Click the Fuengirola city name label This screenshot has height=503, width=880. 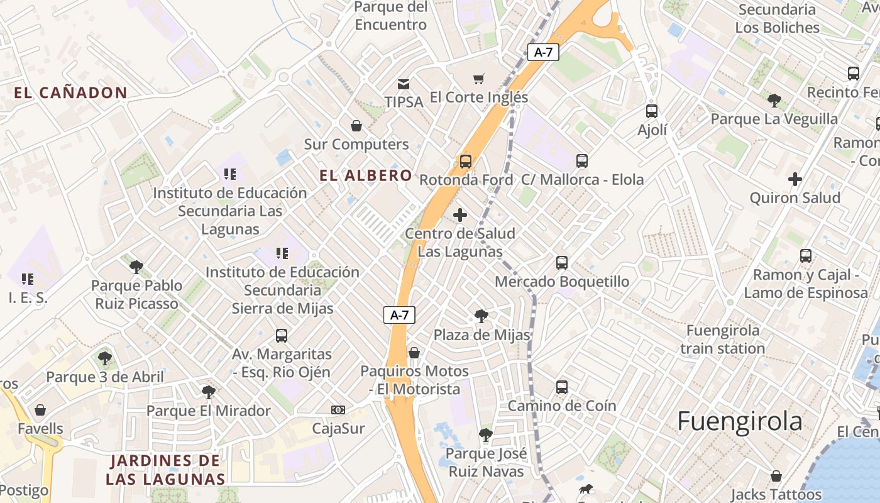pyautogui.click(x=739, y=421)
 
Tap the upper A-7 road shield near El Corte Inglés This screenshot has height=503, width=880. pyautogui.click(x=543, y=52)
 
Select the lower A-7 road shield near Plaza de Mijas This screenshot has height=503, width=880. pyautogui.click(x=400, y=315)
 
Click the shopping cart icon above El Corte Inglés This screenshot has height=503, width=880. pyautogui.click(x=479, y=79)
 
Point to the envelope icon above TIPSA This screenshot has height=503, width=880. pyautogui.click(x=404, y=84)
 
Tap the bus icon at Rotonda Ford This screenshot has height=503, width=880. pyautogui.click(x=465, y=162)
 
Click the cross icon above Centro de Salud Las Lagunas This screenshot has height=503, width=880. pyautogui.click(x=460, y=216)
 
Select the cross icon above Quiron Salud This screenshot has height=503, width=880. pyautogui.click(x=795, y=180)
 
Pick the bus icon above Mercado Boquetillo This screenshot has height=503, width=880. pyautogui.click(x=562, y=263)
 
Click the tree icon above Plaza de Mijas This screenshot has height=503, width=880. pyautogui.click(x=481, y=316)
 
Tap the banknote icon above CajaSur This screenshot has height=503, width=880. pyautogui.click(x=338, y=411)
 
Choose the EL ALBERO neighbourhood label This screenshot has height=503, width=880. pyautogui.click(x=366, y=175)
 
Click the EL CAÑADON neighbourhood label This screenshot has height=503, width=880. pyautogui.click(x=71, y=93)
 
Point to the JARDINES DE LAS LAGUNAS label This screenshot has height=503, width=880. pyautogui.click(x=165, y=470)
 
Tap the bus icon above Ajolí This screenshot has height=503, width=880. pyautogui.click(x=652, y=111)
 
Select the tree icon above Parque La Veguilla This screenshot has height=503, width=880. pyautogui.click(x=774, y=100)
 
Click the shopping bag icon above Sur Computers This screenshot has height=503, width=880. pyautogui.click(x=356, y=126)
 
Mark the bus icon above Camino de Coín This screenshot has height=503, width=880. pyautogui.click(x=562, y=387)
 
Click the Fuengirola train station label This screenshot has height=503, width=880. pyautogui.click(x=722, y=340)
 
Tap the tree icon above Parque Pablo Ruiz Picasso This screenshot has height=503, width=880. pyautogui.click(x=136, y=267)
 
